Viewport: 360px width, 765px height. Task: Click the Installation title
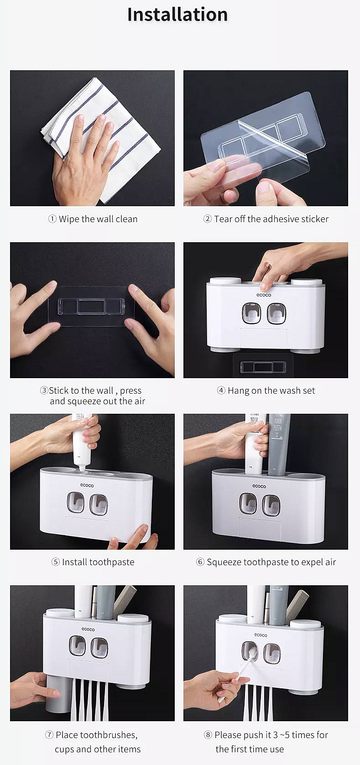pos(177,14)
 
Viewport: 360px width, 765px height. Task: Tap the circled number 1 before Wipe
pos(52,219)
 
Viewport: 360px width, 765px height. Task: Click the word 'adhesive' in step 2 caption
pos(284,219)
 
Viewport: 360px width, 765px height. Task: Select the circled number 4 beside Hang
pos(221,390)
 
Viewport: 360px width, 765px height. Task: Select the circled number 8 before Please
pos(208,735)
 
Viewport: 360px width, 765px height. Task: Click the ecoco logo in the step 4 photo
pos(264,295)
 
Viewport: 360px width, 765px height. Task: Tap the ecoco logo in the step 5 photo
pos(87,485)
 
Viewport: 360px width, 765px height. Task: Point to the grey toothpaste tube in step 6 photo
pos(278,444)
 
